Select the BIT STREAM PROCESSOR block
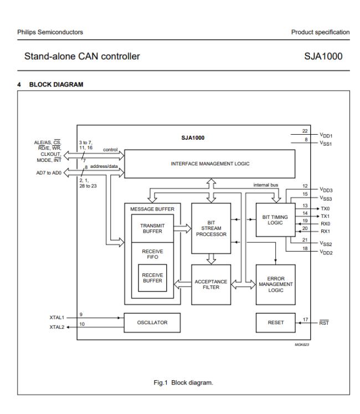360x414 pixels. (210, 227)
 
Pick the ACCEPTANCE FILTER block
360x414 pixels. (210, 284)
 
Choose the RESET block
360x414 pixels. (275, 321)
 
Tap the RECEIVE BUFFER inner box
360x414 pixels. (152, 278)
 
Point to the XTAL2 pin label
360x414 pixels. (56, 326)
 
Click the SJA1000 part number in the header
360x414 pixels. (327, 56)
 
